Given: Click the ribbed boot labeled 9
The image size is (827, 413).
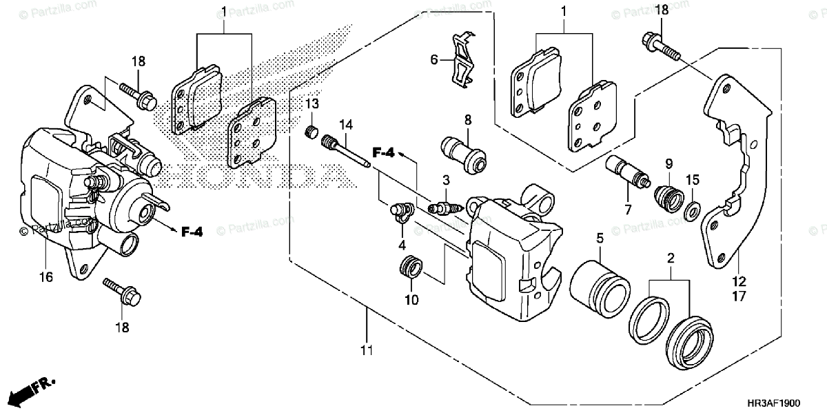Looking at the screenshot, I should (x=667, y=195).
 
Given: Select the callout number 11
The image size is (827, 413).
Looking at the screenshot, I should (x=365, y=350).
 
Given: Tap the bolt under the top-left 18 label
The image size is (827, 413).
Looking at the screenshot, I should (x=139, y=97).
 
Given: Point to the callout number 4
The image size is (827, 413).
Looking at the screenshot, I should (x=401, y=245).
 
